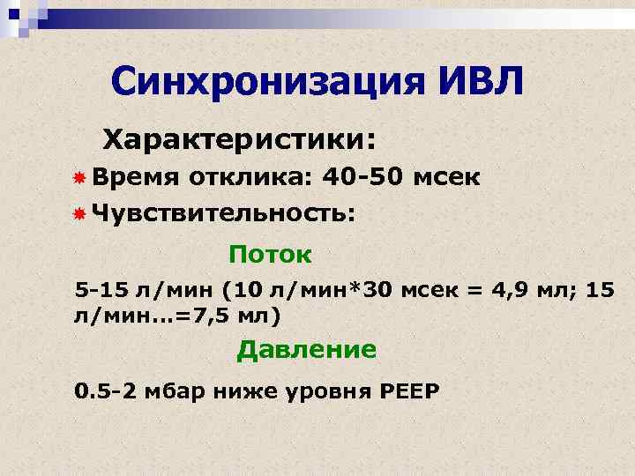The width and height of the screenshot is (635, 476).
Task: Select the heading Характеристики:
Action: point(240,138)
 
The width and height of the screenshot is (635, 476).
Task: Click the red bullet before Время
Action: point(78,178)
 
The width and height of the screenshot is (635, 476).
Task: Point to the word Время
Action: point(133,177)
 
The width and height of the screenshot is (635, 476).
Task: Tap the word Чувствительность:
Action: point(224,212)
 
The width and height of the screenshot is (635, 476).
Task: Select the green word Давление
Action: point(306,350)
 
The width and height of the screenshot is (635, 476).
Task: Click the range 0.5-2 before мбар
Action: point(106,390)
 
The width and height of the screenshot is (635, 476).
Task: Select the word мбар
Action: point(176,390)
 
